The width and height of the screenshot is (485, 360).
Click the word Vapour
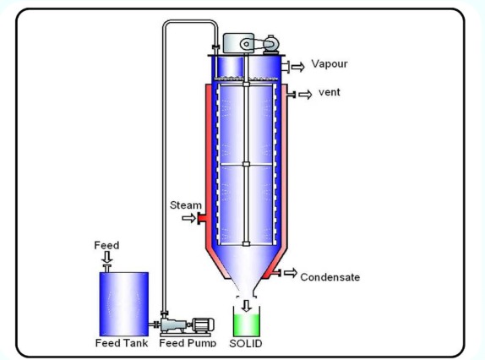[330, 63]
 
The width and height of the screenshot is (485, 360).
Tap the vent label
[330, 92]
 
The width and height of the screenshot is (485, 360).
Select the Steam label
[186, 205]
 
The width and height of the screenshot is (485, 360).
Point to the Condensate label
[330, 277]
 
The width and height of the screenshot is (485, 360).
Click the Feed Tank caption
[122, 343]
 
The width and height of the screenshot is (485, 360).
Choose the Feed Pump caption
[188, 343]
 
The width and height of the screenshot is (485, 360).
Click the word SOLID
[246, 343]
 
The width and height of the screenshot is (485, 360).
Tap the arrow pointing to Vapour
[298, 67]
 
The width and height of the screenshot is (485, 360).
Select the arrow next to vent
[305, 95]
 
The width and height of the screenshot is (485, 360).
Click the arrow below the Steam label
[188, 218]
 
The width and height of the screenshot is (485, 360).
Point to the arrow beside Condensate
[291, 272]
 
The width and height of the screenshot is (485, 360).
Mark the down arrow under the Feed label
[107, 257]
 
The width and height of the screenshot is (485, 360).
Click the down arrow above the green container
[246, 306]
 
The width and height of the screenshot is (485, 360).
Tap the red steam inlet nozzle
[202, 218]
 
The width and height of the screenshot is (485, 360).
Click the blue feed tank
[124, 303]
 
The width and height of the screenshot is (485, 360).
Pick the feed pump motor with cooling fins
[203, 325]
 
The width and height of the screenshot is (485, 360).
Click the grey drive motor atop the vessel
[251, 44]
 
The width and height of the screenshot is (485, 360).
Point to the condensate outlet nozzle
[275, 273]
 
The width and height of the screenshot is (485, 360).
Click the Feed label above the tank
[106, 245]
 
